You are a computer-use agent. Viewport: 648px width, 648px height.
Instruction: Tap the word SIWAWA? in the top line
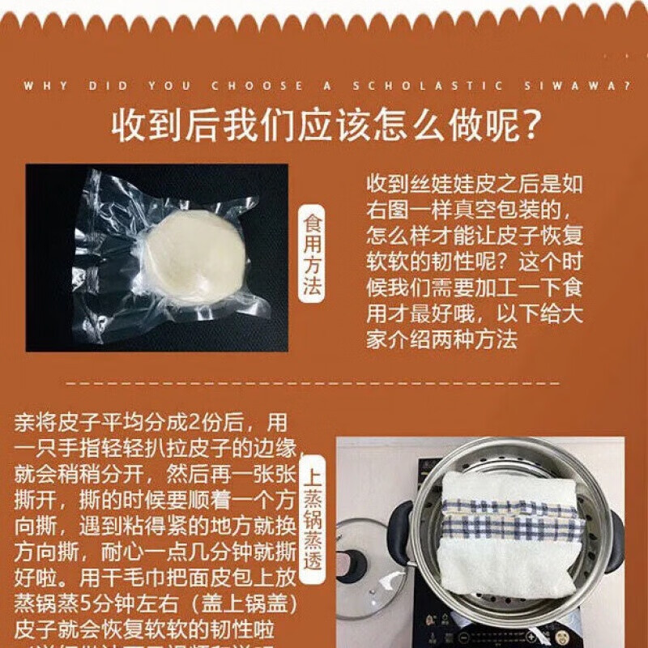click(582, 86)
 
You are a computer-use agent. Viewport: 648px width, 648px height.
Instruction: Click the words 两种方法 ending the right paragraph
click(479, 340)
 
